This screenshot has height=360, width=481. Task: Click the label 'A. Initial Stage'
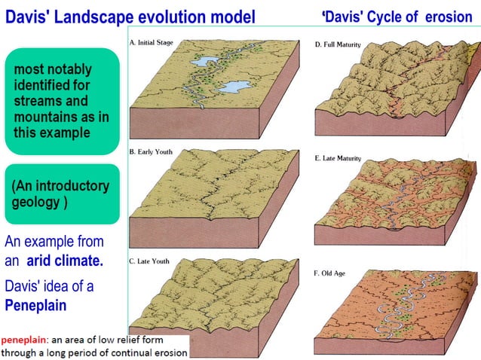tap(152, 43)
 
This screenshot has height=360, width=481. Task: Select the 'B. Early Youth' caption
tap(151, 152)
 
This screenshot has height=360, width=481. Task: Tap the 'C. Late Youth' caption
tap(149, 261)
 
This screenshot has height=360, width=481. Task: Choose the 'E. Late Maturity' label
tap(338, 159)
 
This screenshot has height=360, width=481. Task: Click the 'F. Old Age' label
tap(329, 273)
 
